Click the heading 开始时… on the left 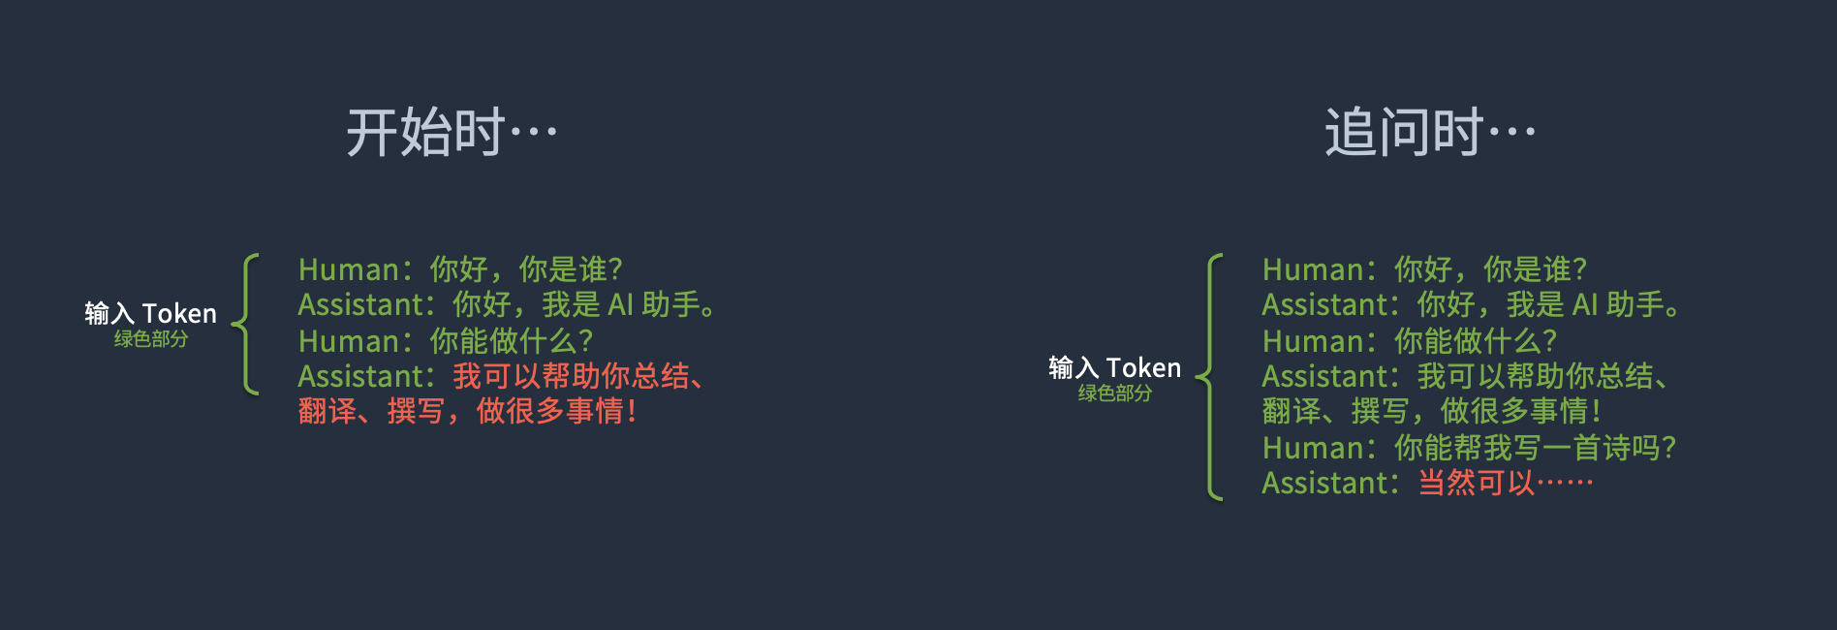(x=451, y=133)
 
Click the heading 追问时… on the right (x=1430, y=133)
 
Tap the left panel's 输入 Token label (x=150, y=313)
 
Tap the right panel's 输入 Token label (x=1114, y=367)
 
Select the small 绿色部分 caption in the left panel (x=150, y=339)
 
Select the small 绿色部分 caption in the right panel (x=1114, y=394)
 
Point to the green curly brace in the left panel (x=246, y=324)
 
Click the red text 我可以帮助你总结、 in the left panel (x=578, y=376)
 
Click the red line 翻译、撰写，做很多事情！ (x=467, y=411)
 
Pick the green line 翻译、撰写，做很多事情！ (x=1431, y=411)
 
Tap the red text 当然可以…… (x=1505, y=483)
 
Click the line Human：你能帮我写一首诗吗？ (x=1469, y=447)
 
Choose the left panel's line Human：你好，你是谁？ (x=460, y=268)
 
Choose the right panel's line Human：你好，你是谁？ (x=1424, y=268)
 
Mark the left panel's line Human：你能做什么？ (x=446, y=340)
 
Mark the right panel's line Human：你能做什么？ (x=1410, y=340)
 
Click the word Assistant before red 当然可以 (x=1325, y=483)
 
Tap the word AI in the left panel (x=620, y=304)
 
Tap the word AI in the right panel (x=1584, y=304)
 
